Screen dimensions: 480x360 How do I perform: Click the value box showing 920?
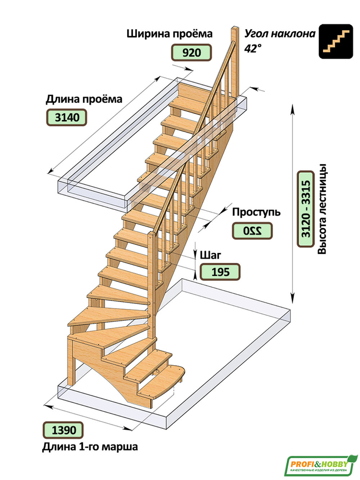tap(191, 53)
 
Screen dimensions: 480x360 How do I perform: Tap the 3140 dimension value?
tap(67, 117)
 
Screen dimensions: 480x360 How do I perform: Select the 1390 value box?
tap(63, 430)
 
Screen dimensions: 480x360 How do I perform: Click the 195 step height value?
tap(220, 272)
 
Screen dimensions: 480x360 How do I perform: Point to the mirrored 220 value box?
tap(252, 231)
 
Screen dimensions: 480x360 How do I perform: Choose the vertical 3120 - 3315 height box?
tap(306, 209)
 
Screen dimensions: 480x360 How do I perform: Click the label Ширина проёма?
tap(169, 34)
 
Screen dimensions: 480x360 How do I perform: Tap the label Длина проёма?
tap(84, 99)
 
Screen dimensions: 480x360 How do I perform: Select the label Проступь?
tap(256, 212)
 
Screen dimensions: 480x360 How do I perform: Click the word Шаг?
tap(210, 255)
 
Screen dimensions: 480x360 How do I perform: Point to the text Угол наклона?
tap(280, 34)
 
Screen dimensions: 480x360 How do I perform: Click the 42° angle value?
tap(253, 48)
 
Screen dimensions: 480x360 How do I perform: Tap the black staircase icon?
tap(336, 41)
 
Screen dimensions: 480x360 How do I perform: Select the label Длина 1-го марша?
tap(90, 447)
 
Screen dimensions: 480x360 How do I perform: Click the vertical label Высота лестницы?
tap(322, 209)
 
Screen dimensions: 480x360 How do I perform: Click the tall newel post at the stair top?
tap(235, 61)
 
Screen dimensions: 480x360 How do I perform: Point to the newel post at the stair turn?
tap(152, 274)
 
